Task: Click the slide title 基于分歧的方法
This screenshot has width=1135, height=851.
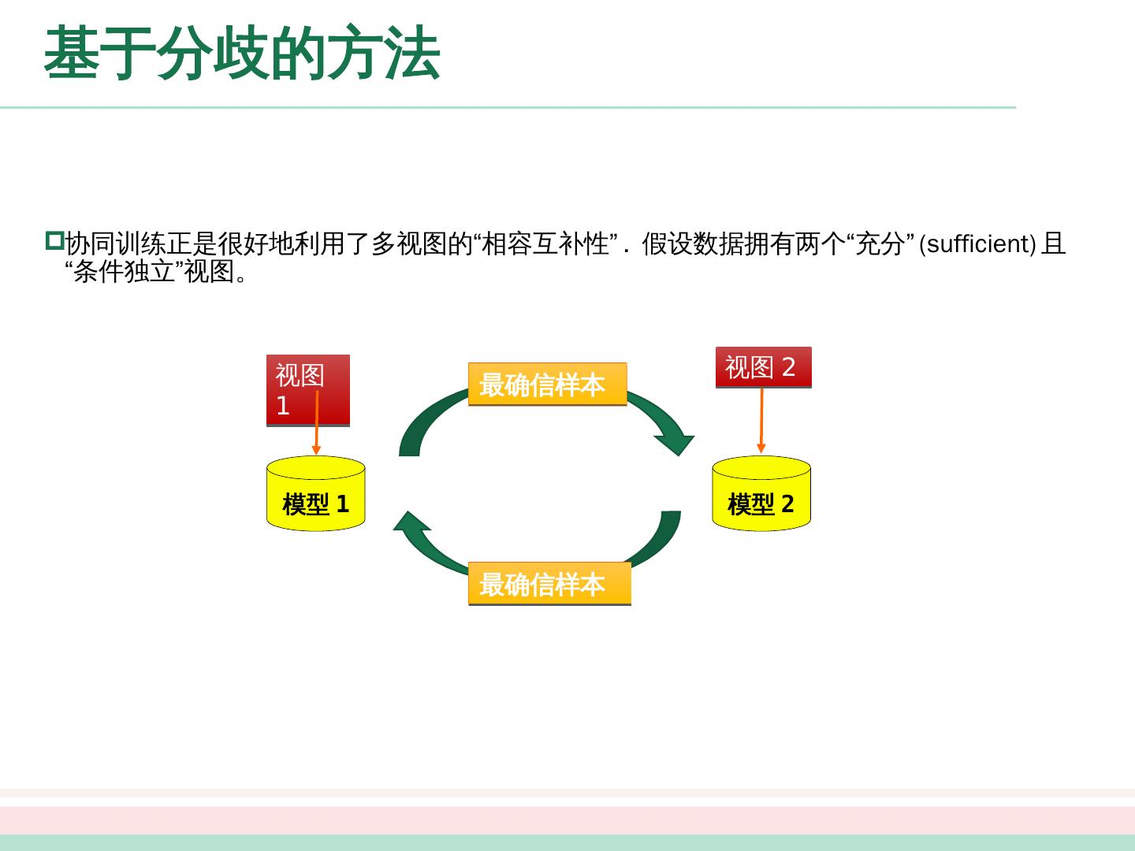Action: tap(241, 54)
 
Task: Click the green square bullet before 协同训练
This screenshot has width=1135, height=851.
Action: tap(54, 240)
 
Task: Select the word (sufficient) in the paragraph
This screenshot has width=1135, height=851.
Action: tap(977, 244)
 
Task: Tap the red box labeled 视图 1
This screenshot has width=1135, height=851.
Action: tap(307, 390)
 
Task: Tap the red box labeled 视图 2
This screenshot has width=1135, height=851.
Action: tap(763, 367)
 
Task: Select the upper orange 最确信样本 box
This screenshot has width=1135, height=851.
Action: tap(547, 385)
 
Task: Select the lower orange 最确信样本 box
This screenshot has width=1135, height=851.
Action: tap(549, 584)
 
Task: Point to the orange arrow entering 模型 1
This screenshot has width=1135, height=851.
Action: tap(316, 425)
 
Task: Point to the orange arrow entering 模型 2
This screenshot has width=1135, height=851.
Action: tap(761, 422)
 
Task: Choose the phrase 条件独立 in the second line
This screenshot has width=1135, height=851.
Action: tap(124, 271)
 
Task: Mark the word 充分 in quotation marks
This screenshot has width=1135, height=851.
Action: tap(880, 244)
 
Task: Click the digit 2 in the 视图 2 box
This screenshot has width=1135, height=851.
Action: tap(788, 367)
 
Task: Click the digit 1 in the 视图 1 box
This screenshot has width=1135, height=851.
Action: tap(283, 406)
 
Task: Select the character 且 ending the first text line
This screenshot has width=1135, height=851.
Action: tap(1054, 244)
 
